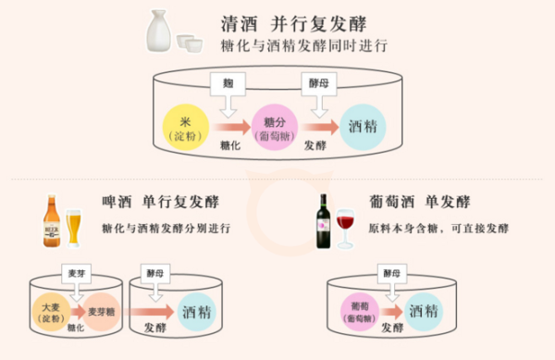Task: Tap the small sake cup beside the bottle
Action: click(191, 42)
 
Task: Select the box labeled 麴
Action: click(228, 82)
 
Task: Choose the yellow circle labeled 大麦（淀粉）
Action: click(50, 311)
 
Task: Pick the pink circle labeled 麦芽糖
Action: click(104, 312)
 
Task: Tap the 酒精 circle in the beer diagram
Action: click(196, 311)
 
